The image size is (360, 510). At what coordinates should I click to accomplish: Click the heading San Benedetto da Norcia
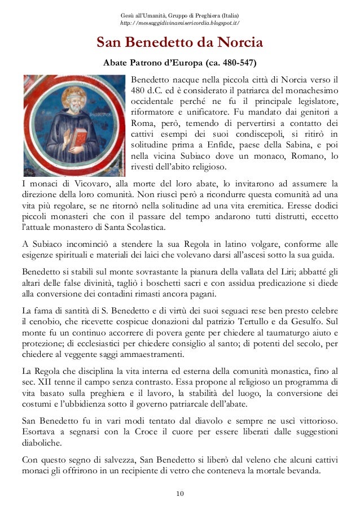[179, 42]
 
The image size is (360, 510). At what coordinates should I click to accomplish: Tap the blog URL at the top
[180, 23]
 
